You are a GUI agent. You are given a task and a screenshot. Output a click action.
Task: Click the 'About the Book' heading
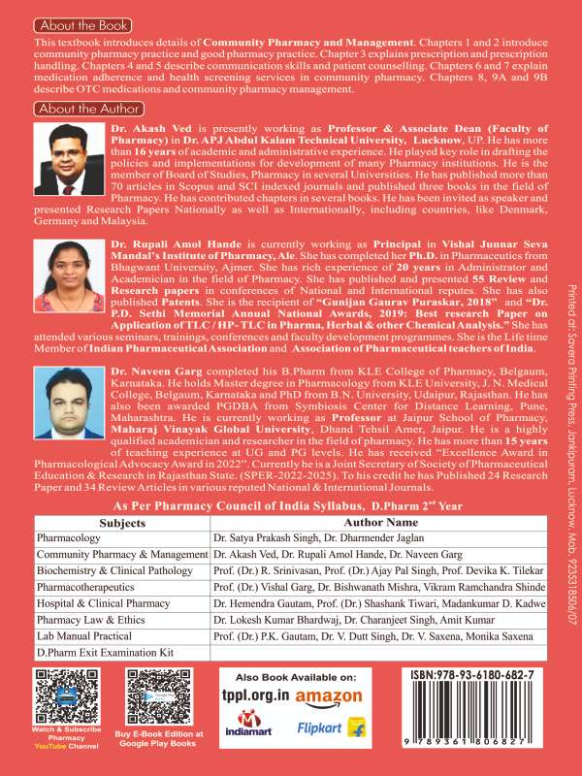[81, 24]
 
